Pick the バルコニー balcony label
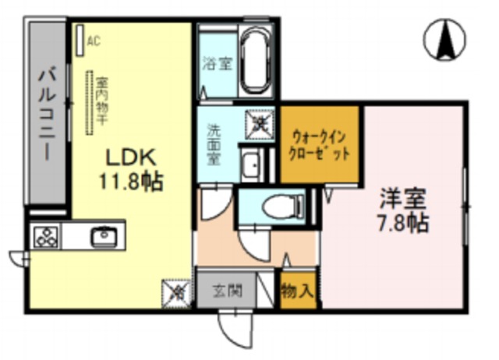pyautogui.click(x=48, y=114)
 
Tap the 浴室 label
pyautogui.click(x=217, y=65)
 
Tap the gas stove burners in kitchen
pyautogui.click(x=45, y=235)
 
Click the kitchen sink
pyautogui.click(x=102, y=235)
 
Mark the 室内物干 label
pyautogui.click(x=101, y=100)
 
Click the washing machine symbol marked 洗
pyautogui.click(x=260, y=122)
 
